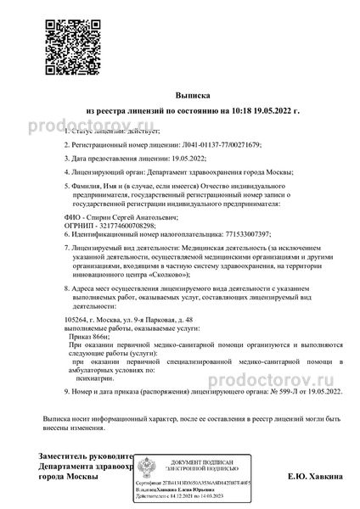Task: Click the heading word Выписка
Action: point(179,98)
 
